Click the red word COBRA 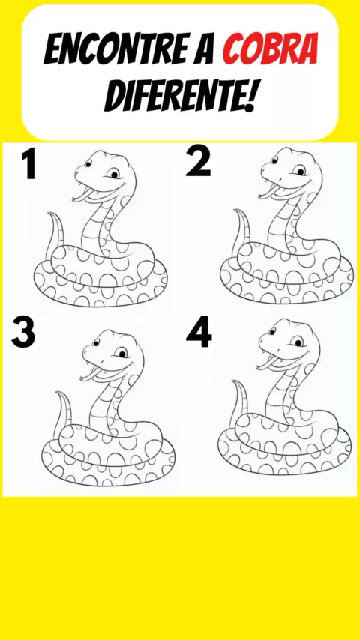(270, 50)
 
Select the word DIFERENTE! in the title (180, 97)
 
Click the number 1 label (28, 163)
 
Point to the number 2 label (198, 162)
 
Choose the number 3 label (23, 333)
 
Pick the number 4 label (199, 332)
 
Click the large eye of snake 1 (113, 174)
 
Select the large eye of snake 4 (297, 342)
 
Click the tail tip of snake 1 (48, 213)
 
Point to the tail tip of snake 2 (234, 210)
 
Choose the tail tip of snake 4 (232, 381)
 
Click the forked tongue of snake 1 (82, 196)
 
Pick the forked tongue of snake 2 (268, 193)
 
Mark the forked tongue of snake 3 (90, 375)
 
